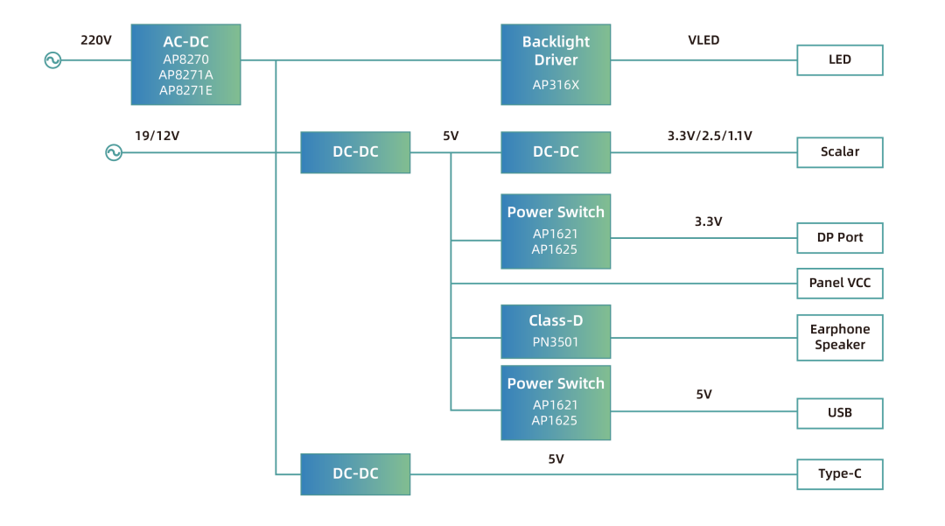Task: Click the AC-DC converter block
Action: click(x=185, y=65)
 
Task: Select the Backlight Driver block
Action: click(x=556, y=65)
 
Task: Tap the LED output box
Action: click(x=839, y=60)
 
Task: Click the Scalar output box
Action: click(x=839, y=152)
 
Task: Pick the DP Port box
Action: click(x=839, y=238)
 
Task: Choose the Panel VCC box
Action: click(x=839, y=284)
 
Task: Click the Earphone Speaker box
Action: click(x=839, y=337)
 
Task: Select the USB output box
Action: click(x=839, y=413)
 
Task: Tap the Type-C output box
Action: click(x=839, y=474)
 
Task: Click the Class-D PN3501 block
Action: click(x=556, y=332)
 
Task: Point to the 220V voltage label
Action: click(x=96, y=40)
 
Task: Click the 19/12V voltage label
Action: click(x=157, y=136)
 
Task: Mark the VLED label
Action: click(x=703, y=40)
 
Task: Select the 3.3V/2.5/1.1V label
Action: click(x=710, y=136)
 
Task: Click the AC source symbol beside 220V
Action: click(x=52, y=60)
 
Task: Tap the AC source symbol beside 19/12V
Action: click(x=114, y=153)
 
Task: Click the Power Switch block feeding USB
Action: click(x=556, y=403)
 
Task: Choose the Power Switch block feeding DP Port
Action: click(x=556, y=231)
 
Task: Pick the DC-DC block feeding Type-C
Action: click(x=355, y=474)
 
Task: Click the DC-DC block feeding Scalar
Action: click(x=556, y=152)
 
